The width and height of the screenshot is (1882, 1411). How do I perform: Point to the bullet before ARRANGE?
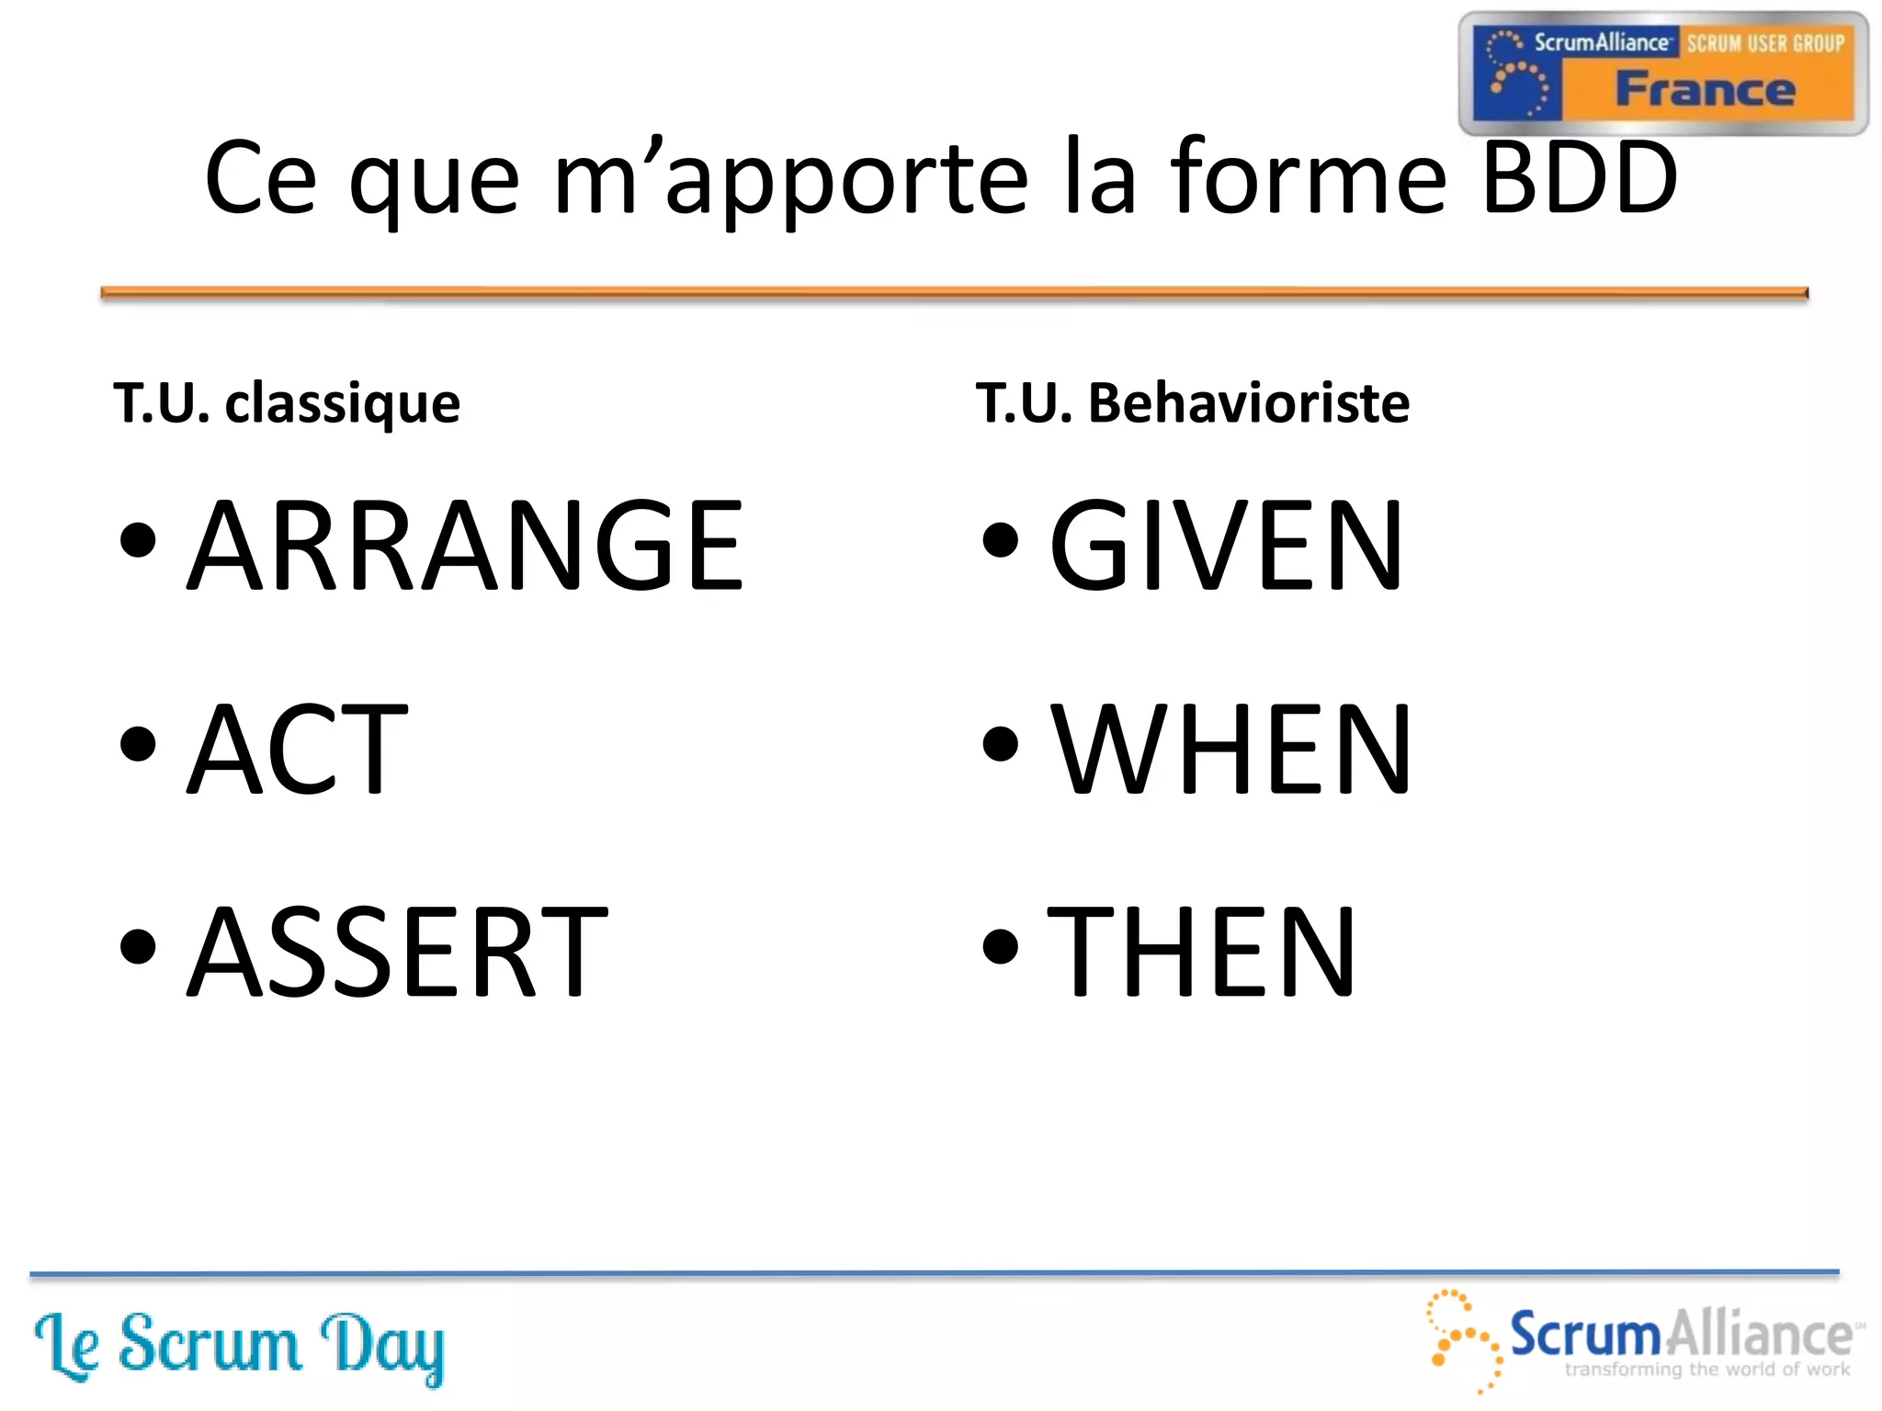tap(138, 540)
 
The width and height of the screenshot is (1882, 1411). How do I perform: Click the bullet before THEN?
tap(1000, 947)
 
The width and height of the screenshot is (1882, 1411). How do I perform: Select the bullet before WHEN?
tap(1000, 744)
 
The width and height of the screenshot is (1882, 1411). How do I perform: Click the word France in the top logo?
tap(1705, 89)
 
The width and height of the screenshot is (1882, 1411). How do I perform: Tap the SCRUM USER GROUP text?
tap(1764, 43)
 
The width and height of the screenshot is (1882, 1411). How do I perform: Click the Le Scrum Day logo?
tap(239, 1347)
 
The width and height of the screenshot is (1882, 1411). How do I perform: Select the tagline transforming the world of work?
tap(1706, 1370)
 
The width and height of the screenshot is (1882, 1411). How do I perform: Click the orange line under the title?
tap(954, 293)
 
